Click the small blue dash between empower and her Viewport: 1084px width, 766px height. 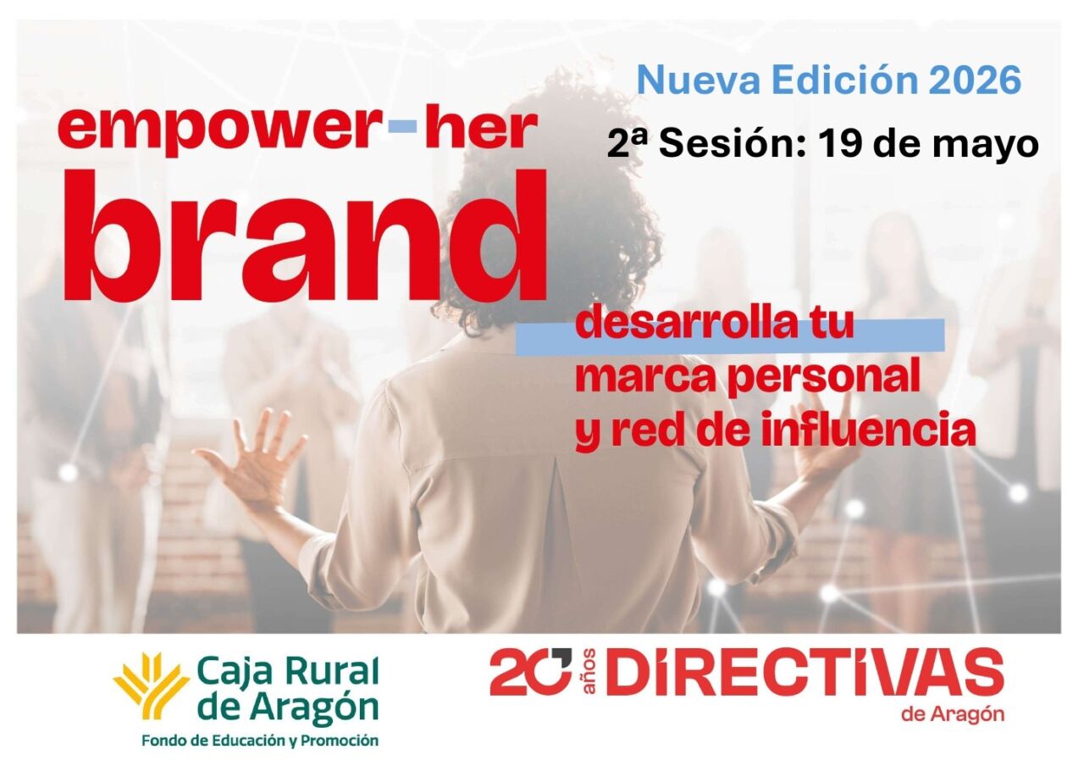pos(401,128)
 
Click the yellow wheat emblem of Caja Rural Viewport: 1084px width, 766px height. pos(151,685)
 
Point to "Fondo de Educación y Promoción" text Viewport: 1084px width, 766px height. pos(259,741)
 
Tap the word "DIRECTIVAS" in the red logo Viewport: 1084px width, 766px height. pos(805,673)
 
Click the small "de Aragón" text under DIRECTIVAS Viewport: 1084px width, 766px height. pos(954,714)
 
